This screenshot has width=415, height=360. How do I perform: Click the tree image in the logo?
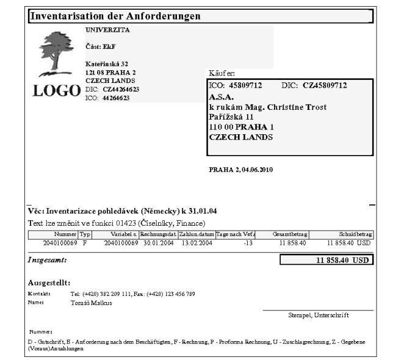click(x=57, y=53)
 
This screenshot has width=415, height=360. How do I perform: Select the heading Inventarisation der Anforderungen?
click(x=115, y=16)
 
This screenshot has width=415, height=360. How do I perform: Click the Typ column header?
click(x=85, y=234)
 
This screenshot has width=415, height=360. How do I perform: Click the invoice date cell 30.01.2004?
click(x=157, y=242)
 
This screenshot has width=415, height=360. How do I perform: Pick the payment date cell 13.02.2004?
click(x=196, y=242)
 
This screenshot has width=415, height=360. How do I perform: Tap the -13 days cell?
click(x=247, y=242)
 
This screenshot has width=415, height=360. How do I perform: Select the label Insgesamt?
click(x=48, y=261)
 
